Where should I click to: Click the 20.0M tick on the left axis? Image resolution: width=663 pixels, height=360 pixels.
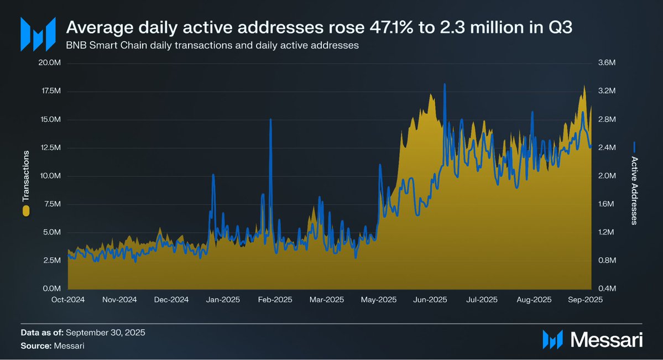(x=49, y=63)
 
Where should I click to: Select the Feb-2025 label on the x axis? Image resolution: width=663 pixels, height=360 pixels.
(x=275, y=300)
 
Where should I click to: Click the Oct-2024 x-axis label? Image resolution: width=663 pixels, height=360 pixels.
(x=68, y=300)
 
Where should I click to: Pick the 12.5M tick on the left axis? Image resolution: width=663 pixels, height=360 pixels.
(x=49, y=148)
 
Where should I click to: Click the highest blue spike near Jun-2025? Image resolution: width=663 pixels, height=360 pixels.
(x=444, y=85)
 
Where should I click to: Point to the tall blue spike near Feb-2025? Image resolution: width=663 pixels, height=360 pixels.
(x=270, y=119)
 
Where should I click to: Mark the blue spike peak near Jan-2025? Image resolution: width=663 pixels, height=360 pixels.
(x=213, y=175)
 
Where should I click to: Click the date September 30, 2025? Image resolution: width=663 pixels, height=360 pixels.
(x=106, y=333)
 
